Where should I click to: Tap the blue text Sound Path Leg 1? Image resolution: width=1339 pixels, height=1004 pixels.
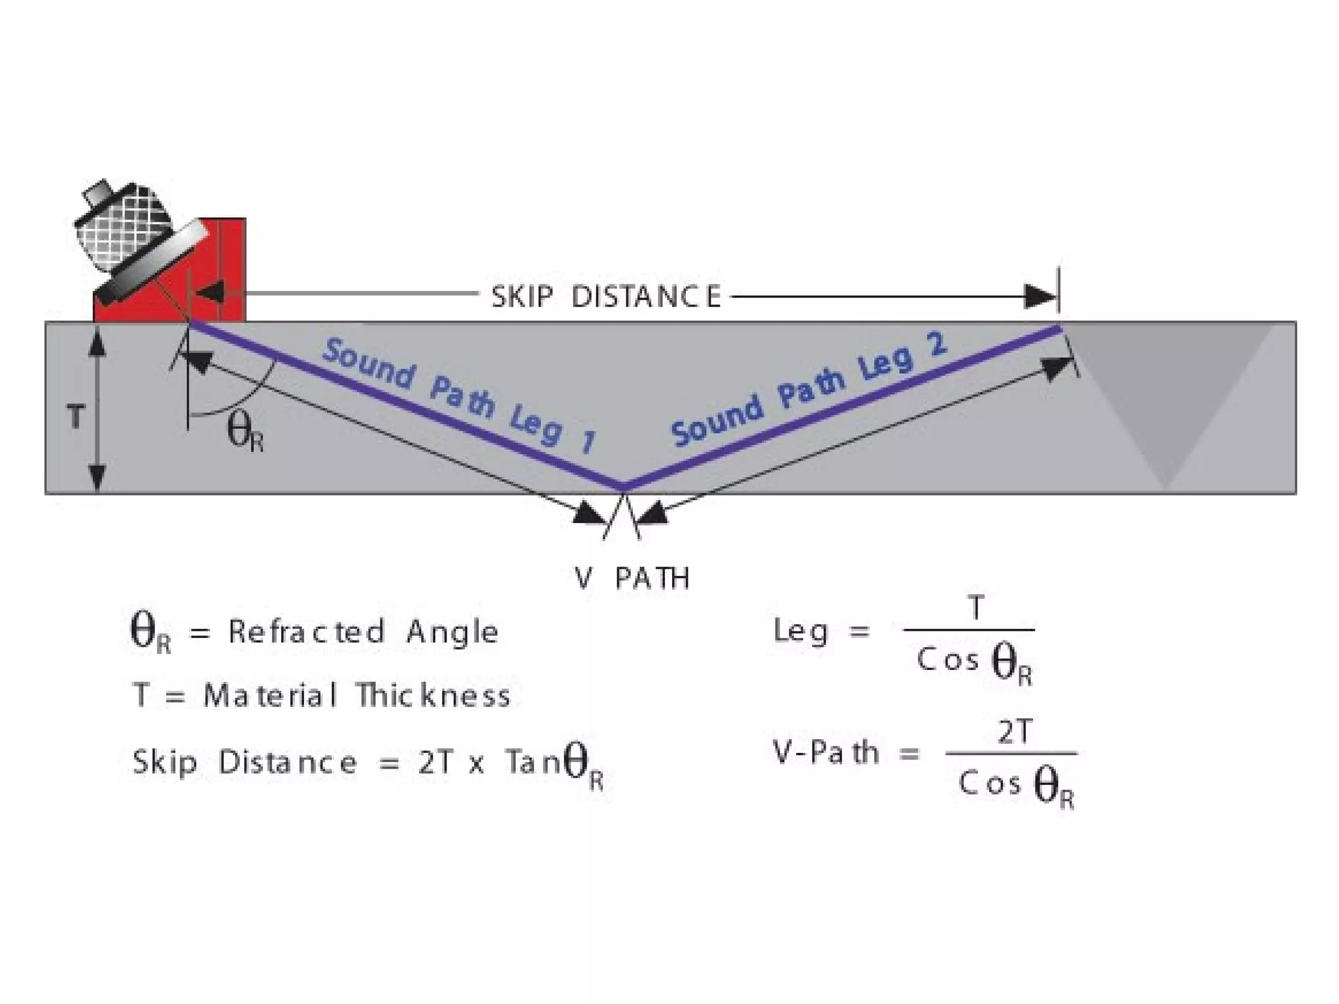458,396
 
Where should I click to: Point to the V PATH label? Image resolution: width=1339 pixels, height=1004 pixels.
632,578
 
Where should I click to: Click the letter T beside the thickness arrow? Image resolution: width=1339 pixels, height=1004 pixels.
76,416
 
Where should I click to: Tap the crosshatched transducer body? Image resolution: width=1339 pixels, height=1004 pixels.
124,229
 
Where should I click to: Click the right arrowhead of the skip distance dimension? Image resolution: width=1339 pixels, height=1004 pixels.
1041,296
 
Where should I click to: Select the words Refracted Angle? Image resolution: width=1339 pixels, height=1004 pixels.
364,632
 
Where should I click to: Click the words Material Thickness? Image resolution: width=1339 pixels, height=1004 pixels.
356,695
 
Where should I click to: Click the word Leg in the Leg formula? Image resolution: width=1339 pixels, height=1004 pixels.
801,631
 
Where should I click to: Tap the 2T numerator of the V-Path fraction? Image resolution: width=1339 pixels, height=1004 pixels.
1014,733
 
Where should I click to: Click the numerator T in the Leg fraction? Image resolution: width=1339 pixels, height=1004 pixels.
975,608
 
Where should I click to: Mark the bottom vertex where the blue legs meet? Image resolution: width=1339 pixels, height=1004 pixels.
624,487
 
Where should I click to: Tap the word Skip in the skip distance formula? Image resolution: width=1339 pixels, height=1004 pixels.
165,762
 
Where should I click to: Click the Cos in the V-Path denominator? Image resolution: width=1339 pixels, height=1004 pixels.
989,782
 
